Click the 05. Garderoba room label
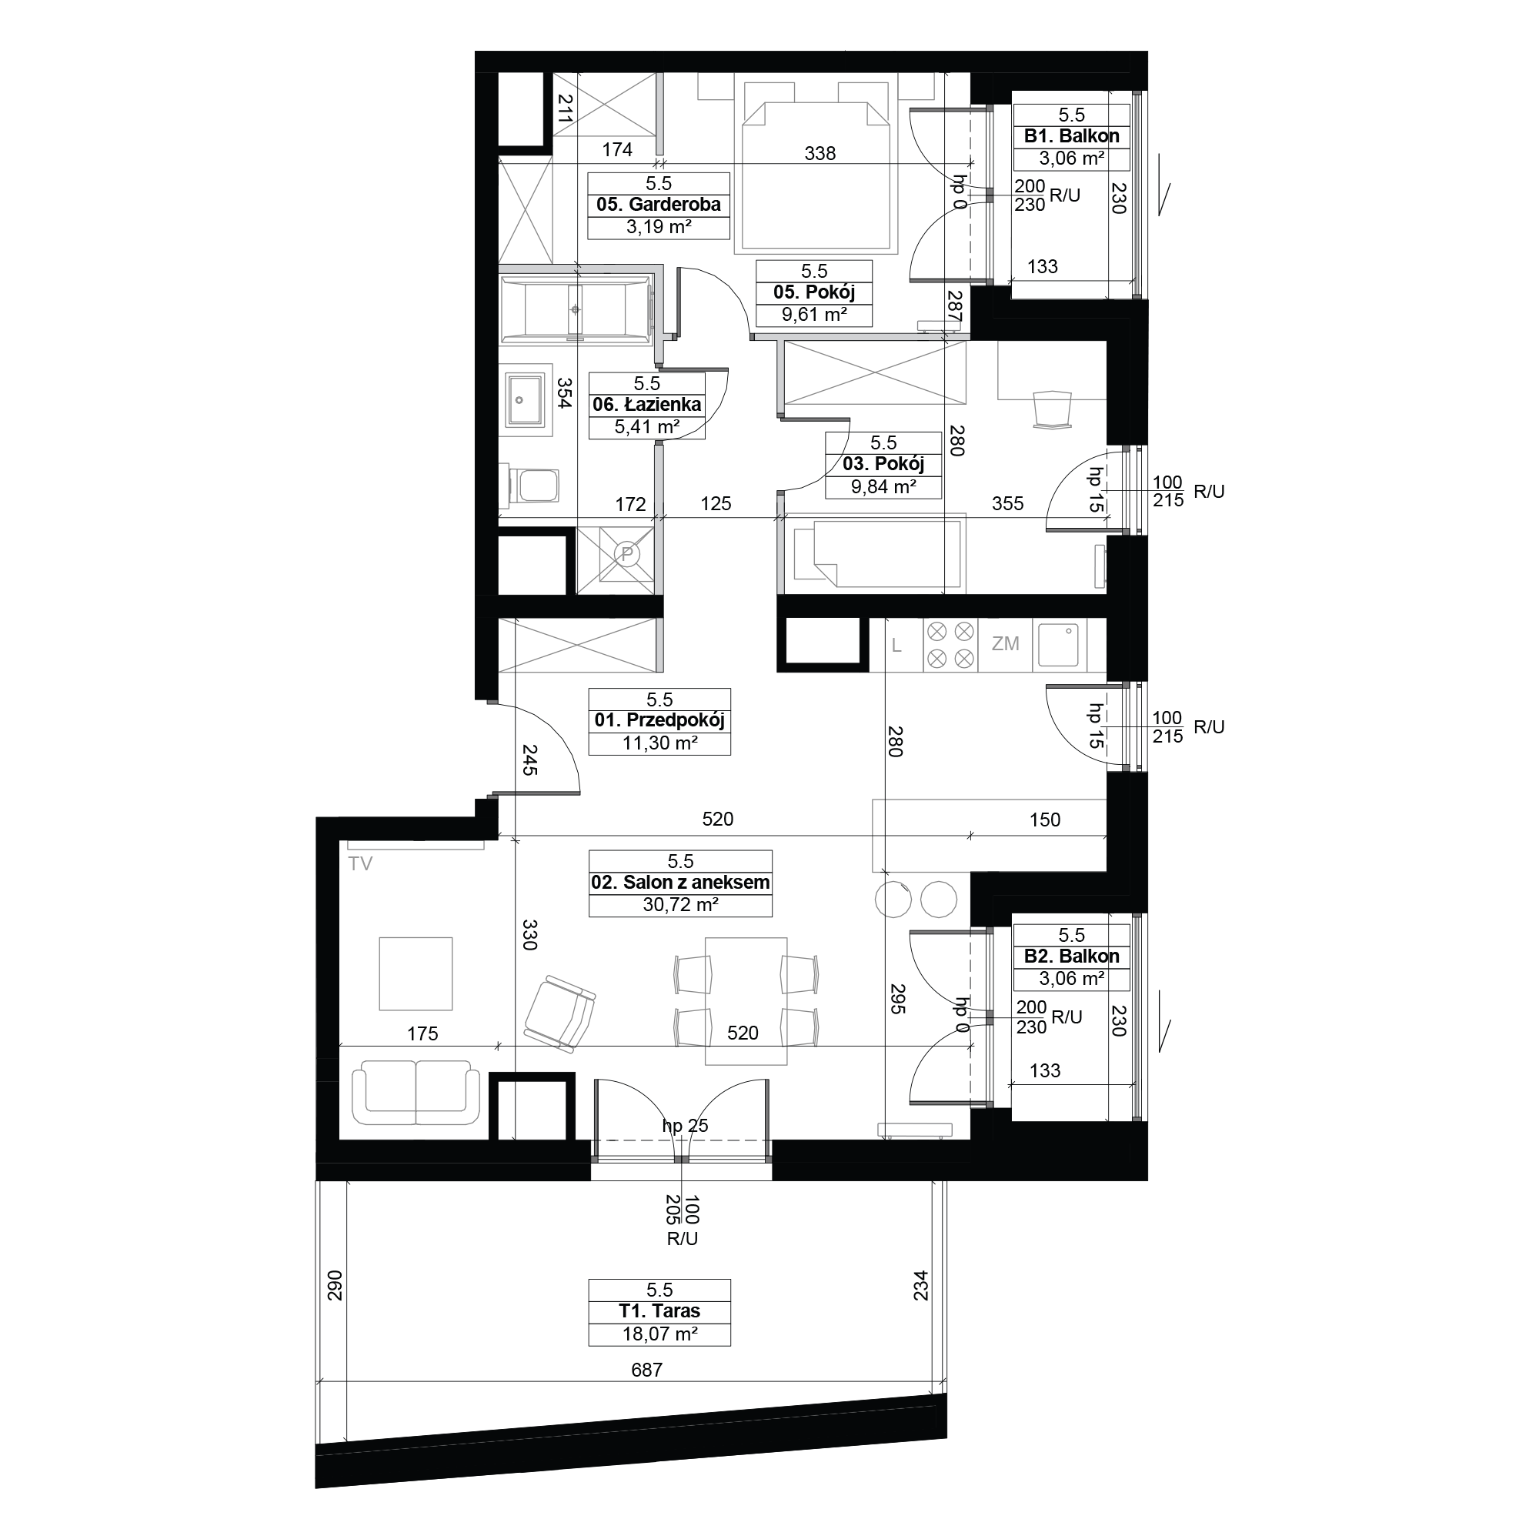point(659,205)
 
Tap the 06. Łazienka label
point(647,405)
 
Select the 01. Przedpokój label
point(659,721)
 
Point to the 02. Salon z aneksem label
point(680,883)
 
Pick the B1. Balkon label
point(1071,136)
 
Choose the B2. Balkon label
point(1071,956)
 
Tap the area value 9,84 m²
point(883,487)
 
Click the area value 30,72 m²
point(680,905)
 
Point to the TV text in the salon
point(360,864)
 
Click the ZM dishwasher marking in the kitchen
point(1005,643)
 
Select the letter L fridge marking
point(896,646)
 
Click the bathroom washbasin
point(526,400)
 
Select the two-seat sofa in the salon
point(416,1092)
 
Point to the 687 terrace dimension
point(647,1370)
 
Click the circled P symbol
point(627,553)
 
